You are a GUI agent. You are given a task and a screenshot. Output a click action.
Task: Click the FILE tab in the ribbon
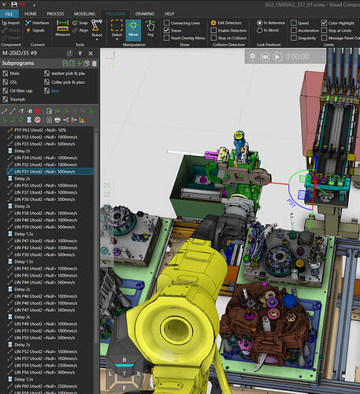pos(9,14)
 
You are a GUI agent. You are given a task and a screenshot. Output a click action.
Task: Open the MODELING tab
pos(84,14)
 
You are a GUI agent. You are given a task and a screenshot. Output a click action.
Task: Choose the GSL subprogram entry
pos(14,82)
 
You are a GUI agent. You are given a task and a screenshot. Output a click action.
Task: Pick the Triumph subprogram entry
pos(20,100)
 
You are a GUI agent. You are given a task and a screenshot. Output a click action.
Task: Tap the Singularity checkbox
pos(293,37)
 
